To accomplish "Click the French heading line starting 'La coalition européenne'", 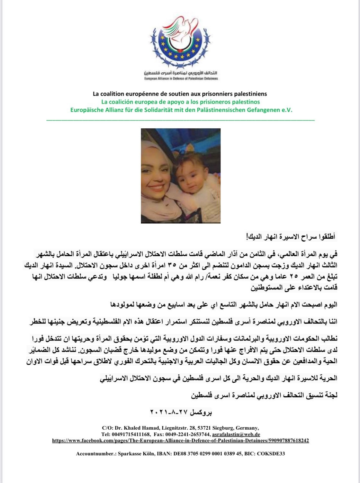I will point(180,94).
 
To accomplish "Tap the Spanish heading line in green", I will point(180,102).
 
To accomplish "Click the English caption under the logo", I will point(181,78).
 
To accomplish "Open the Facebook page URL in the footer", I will point(180,440).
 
